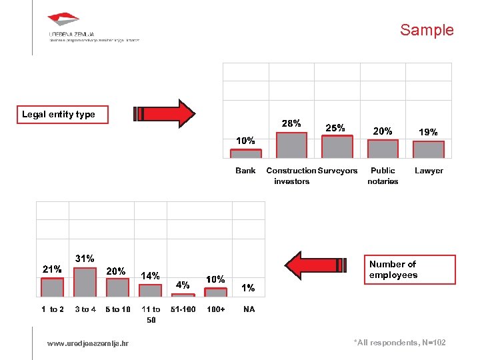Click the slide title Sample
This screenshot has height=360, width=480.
click(x=427, y=30)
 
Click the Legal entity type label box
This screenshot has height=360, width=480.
click(x=58, y=115)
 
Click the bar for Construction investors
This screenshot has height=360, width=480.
click(x=291, y=145)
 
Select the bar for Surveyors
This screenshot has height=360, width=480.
click(x=337, y=146)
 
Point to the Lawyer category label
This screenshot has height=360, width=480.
click(x=429, y=171)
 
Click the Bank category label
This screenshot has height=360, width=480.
click(x=245, y=171)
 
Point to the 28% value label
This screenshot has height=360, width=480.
click(x=291, y=123)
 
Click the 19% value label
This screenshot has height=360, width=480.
click(x=428, y=132)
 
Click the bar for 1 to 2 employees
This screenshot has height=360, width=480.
click(x=53, y=287)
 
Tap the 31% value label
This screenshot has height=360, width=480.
click(x=85, y=258)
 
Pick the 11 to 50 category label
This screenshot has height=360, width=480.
click(x=151, y=314)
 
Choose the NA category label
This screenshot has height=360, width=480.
click(x=249, y=309)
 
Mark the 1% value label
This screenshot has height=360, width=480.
click(x=248, y=288)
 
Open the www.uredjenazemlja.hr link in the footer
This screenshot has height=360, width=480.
click(x=88, y=343)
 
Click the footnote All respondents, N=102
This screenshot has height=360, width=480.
click(x=399, y=343)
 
